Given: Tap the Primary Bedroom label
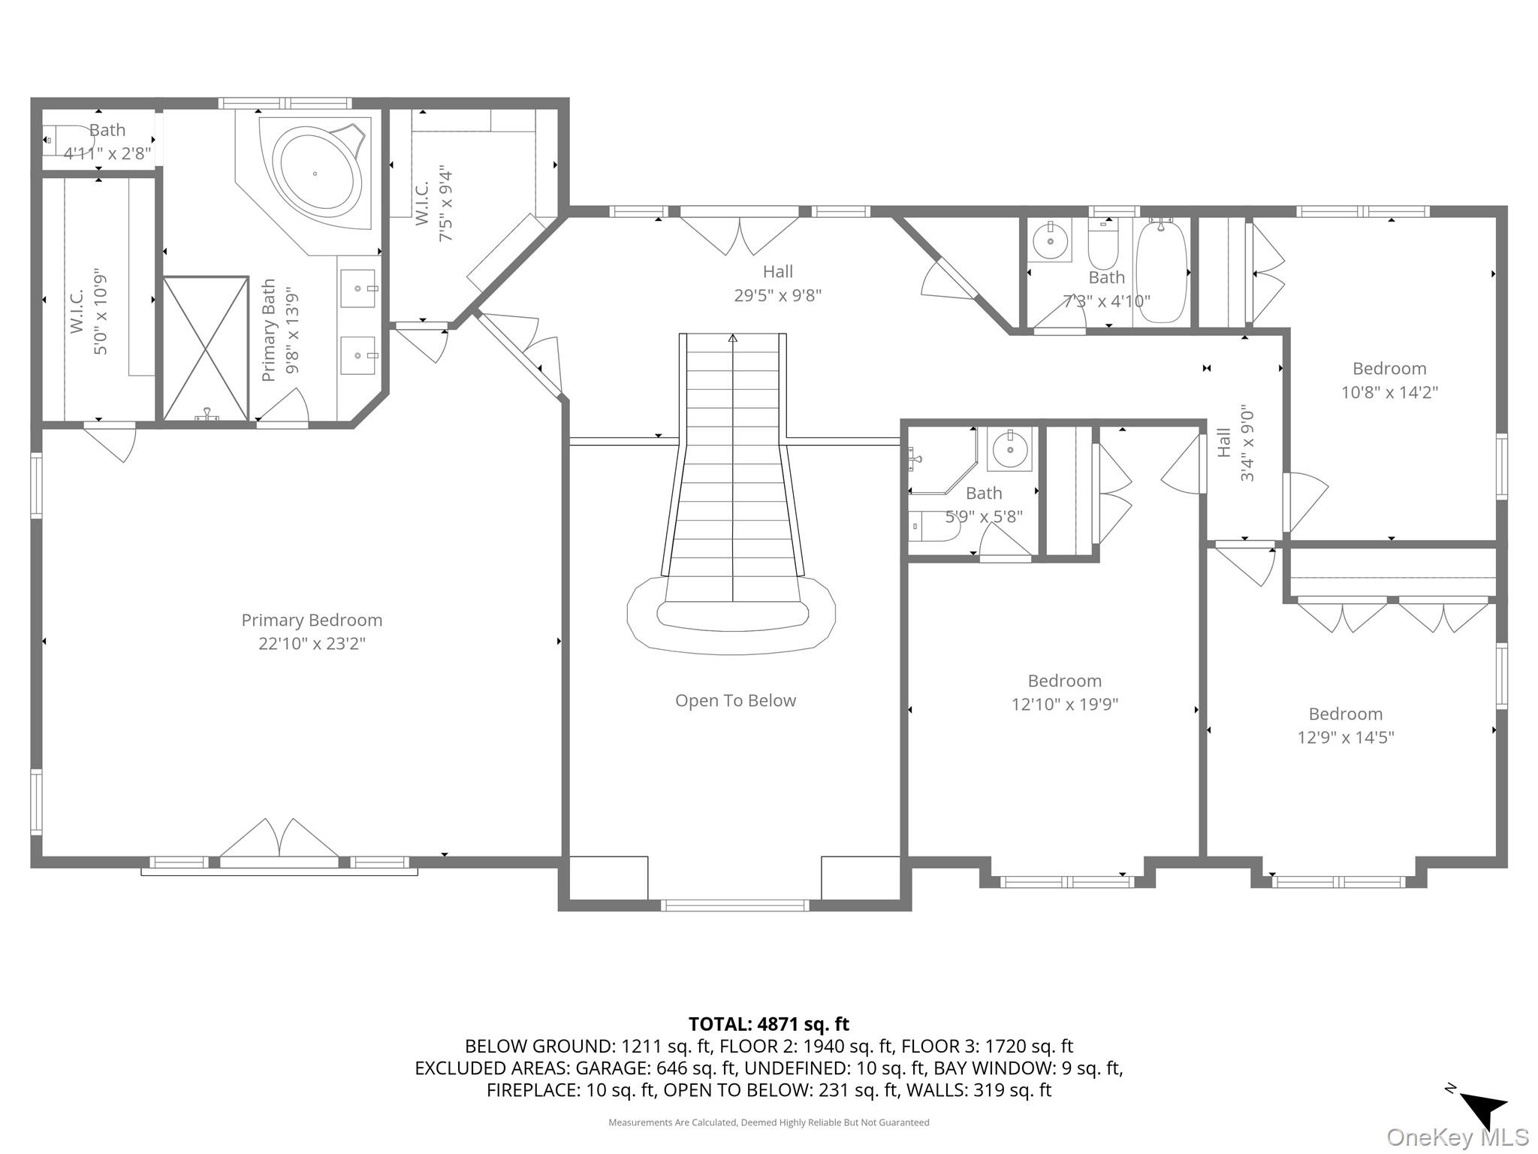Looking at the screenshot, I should tap(312, 620).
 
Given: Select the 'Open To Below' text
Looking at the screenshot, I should tap(735, 700).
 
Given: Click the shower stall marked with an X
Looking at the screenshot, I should tap(206, 348).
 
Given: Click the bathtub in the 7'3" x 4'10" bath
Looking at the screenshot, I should tap(1161, 270).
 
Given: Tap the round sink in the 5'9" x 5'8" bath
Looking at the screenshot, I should tap(1009, 449).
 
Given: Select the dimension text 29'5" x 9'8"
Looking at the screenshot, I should tap(777, 295).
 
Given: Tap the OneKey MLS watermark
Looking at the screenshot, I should tap(1457, 1137).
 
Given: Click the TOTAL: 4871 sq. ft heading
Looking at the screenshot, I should tap(768, 1024).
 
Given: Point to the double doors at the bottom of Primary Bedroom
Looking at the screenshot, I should tap(279, 839).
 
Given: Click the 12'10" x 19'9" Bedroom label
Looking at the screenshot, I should tap(1064, 681).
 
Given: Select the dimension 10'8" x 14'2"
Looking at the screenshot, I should tap(1389, 392).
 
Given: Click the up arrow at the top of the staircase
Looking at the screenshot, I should tap(733, 340).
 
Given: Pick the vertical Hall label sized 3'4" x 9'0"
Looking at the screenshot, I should tap(1224, 443).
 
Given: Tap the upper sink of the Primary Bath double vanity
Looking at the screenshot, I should tap(358, 288).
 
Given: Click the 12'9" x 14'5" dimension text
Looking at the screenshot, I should tap(1345, 737).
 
